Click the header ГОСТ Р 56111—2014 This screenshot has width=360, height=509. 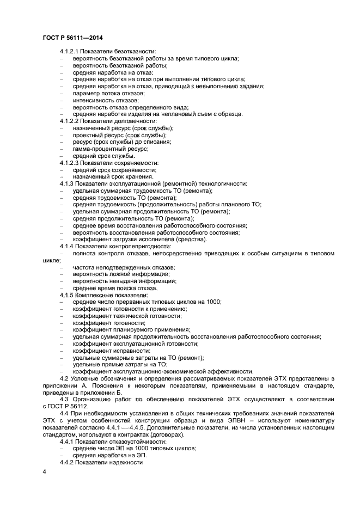pyautogui.click(x=72, y=38)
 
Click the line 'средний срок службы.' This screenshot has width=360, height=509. pyautogui.click(x=100, y=156)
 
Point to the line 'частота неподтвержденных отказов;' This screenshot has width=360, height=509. pyautogui.click(x=124, y=267)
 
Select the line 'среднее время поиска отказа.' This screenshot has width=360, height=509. pyautogui.click(x=112, y=288)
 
